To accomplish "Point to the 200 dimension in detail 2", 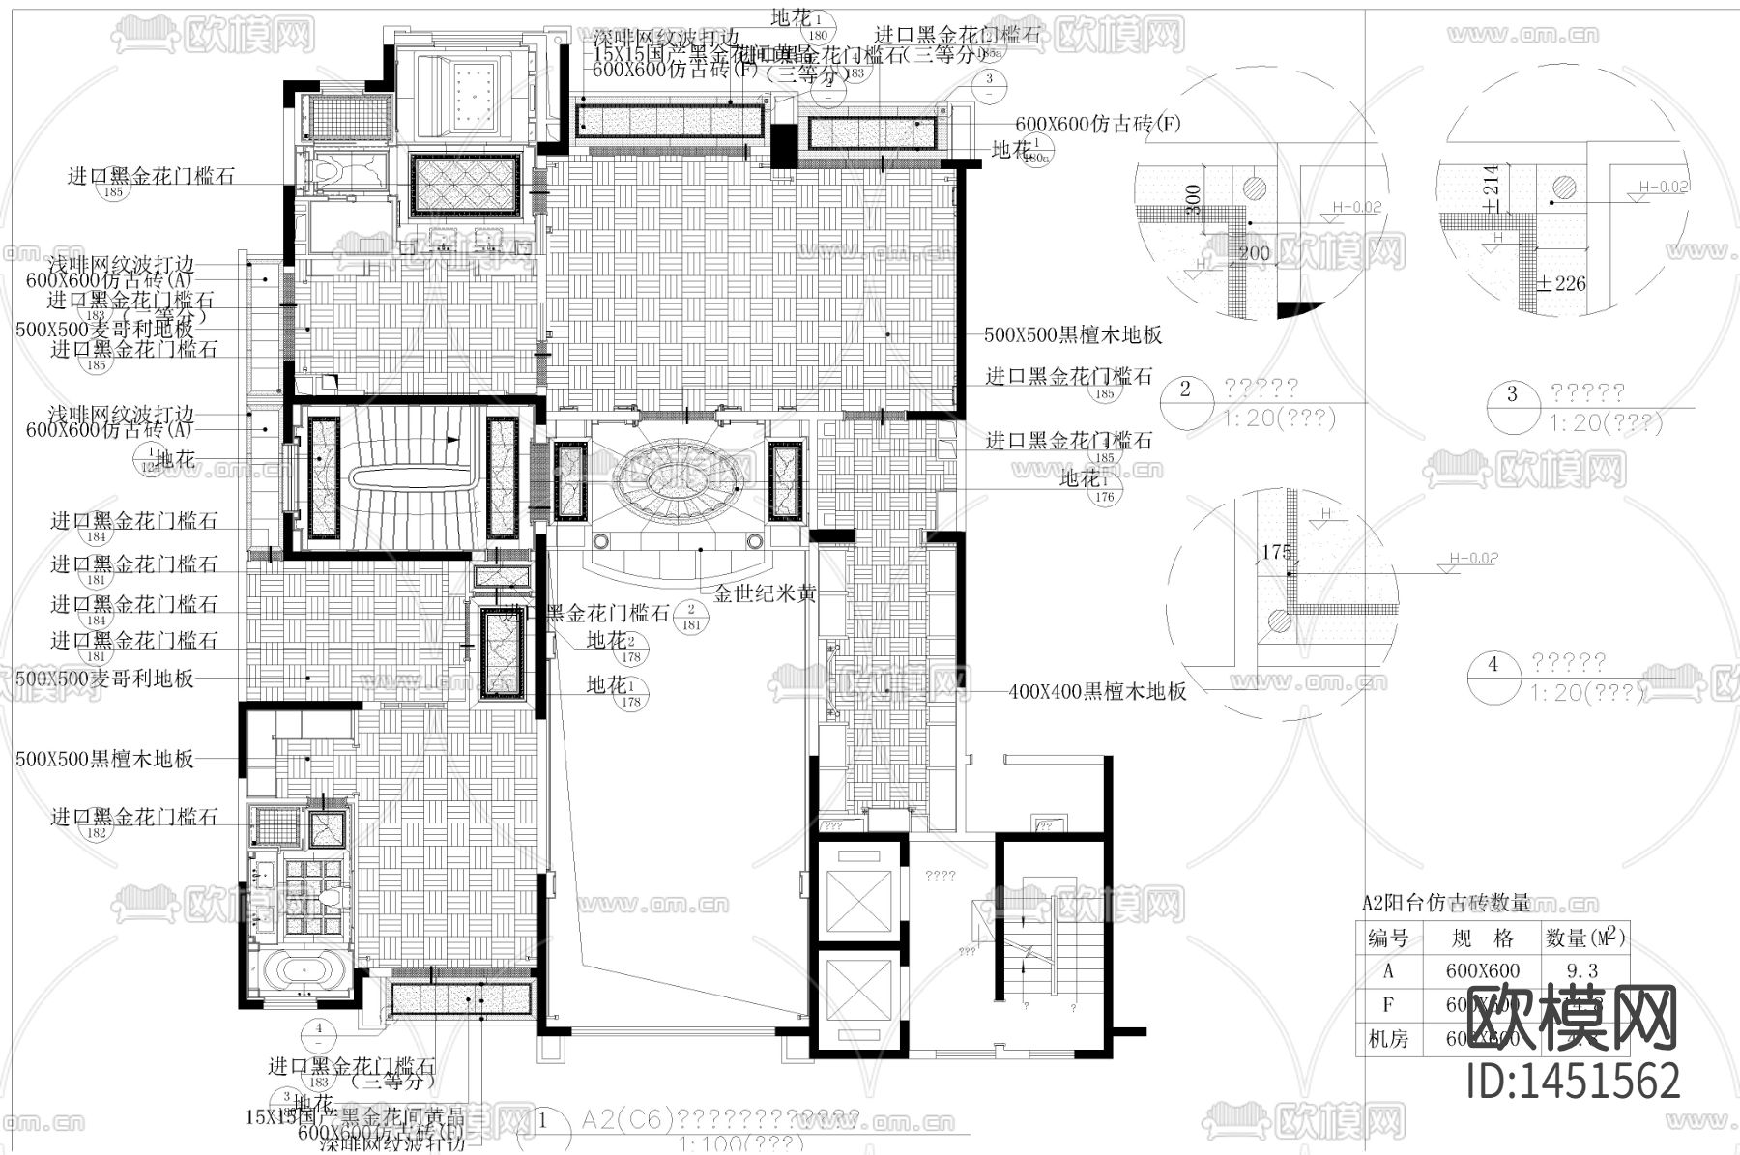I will coord(1254,253).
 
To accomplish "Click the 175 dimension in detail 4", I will coord(1276,552).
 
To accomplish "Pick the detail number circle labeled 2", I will coord(1185,390).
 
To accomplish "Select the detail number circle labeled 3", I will coord(1513,395).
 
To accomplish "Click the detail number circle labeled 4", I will coord(1493,665).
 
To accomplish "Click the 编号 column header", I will coord(1388,938).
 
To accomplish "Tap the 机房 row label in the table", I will coord(1388,1040).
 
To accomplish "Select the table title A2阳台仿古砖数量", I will coord(1445,904).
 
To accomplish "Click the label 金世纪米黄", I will coord(765,594).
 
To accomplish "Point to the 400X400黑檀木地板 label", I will coord(1097,692).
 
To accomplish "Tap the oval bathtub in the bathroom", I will coord(300,971).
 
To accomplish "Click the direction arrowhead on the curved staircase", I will coord(451,440).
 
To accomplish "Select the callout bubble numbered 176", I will coord(1105,497).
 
